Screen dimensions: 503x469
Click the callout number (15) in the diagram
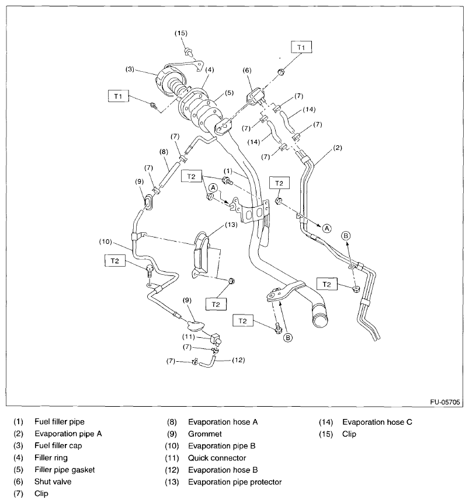click(x=181, y=33)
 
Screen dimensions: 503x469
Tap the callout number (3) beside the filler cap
click(x=130, y=69)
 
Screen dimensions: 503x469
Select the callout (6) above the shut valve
click(x=247, y=70)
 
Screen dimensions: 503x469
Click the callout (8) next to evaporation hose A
click(x=165, y=152)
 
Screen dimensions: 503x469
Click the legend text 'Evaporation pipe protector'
click(x=235, y=482)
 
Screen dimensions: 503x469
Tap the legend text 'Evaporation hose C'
click(x=377, y=422)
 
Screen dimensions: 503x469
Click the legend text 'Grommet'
click(x=204, y=434)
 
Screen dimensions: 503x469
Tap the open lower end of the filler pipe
click(x=321, y=319)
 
